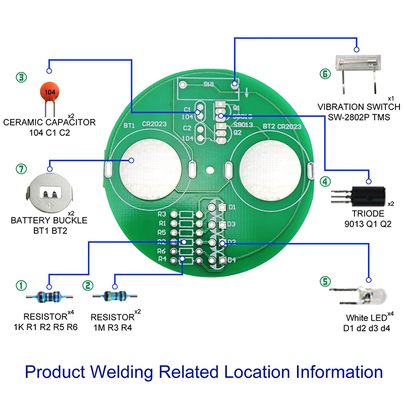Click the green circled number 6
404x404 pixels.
324,74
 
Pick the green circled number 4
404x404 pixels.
325,181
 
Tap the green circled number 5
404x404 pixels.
325,281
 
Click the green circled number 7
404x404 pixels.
21,169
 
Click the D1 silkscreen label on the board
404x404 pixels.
232,207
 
